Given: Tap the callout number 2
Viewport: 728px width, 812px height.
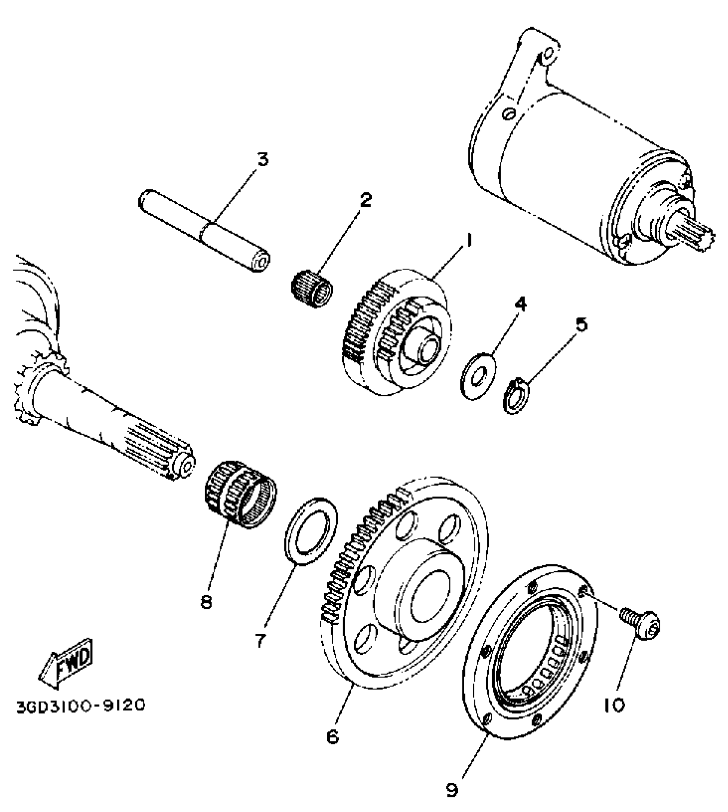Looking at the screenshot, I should pyautogui.click(x=365, y=200).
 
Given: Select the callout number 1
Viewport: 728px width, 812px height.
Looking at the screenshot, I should pyautogui.click(x=468, y=241).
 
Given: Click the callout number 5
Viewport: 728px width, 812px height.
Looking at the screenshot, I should pyautogui.click(x=580, y=324).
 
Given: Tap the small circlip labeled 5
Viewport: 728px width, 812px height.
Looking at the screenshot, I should pyautogui.click(x=516, y=395).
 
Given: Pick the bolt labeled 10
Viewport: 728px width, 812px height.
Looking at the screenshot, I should pyautogui.click(x=640, y=624).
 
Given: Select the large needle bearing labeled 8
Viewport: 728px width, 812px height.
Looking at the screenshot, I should pyautogui.click(x=239, y=493).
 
